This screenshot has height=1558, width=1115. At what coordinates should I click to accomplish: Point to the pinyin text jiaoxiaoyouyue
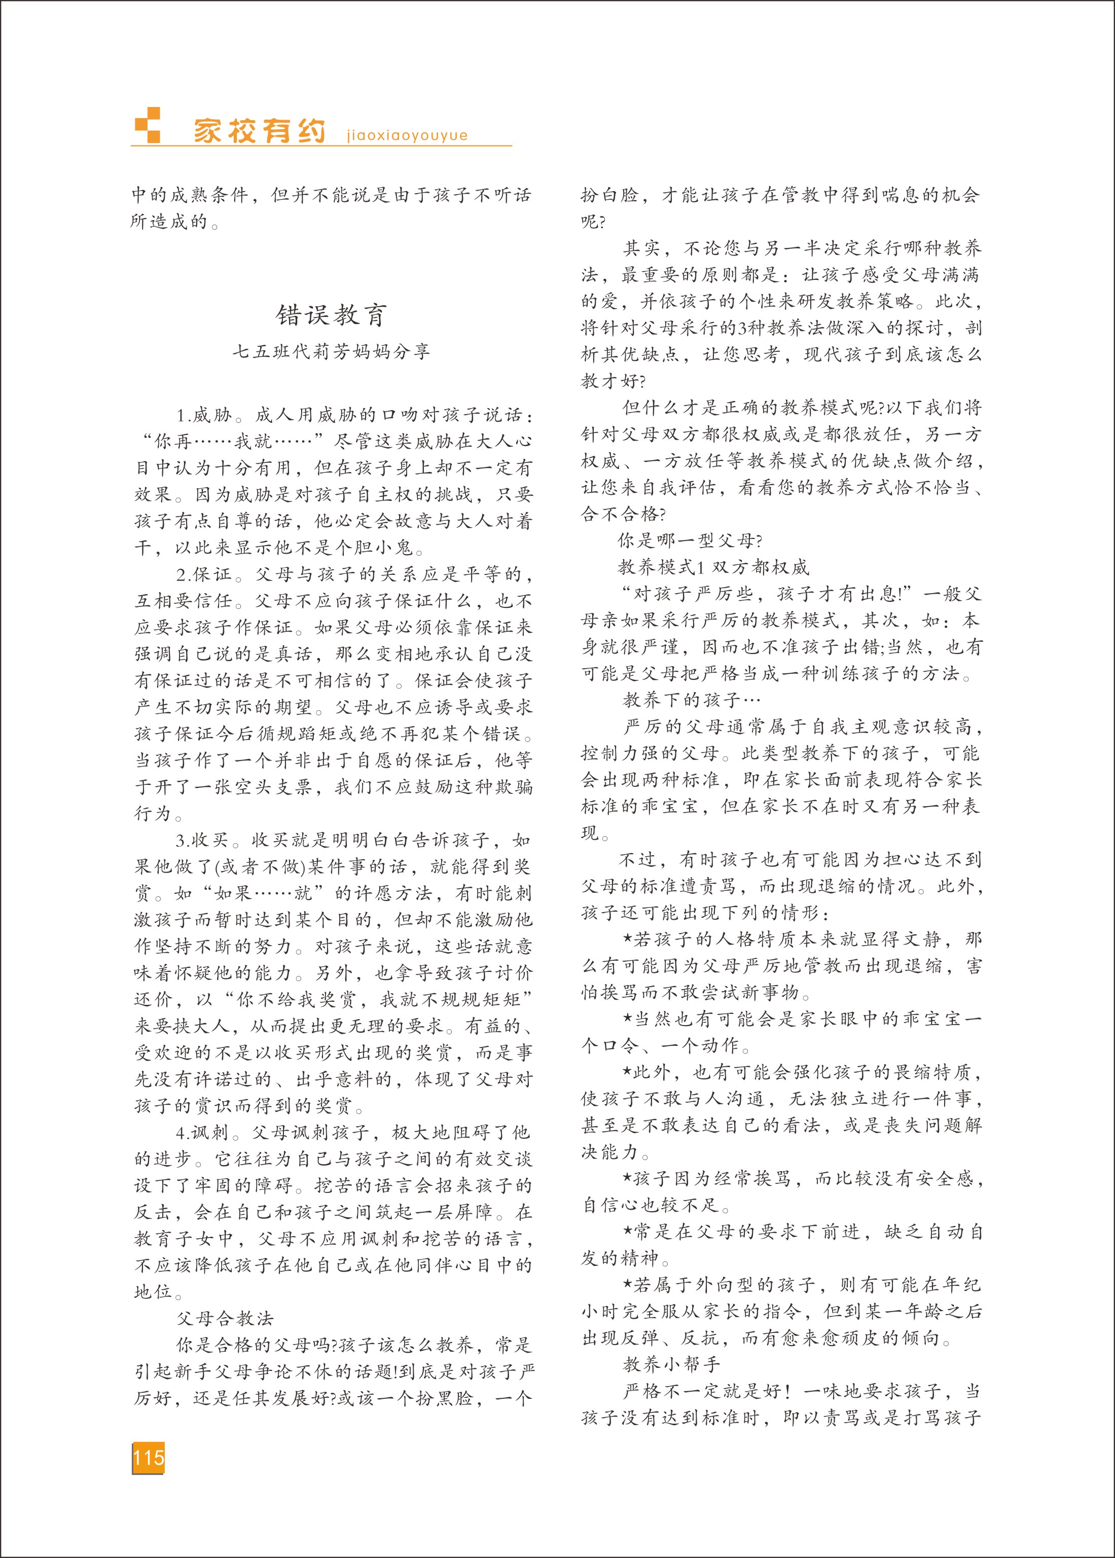click(407, 135)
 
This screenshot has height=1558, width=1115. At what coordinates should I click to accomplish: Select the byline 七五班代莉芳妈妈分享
click(332, 352)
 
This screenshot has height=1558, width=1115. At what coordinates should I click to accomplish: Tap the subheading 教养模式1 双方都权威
click(713, 567)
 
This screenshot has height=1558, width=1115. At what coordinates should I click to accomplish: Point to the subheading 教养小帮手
click(671, 1364)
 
